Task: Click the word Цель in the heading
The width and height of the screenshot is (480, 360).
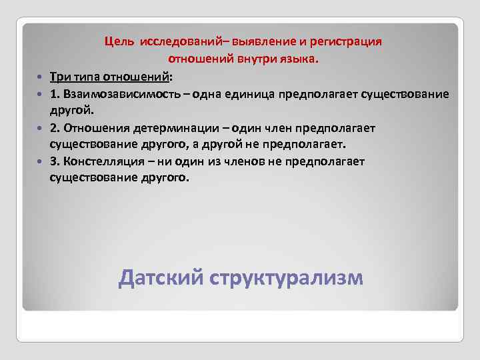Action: pos(119,42)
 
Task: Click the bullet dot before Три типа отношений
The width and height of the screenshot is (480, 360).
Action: pos(41,77)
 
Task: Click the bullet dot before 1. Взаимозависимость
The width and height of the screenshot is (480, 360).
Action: pos(41,93)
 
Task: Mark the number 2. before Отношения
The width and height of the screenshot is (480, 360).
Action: pos(54,127)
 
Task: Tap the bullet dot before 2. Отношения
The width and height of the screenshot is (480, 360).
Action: pos(41,127)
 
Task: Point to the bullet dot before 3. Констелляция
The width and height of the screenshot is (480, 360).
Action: pos(41,161)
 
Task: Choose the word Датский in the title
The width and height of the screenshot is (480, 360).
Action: pos(160,277)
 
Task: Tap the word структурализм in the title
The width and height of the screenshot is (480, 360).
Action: pos(287,277)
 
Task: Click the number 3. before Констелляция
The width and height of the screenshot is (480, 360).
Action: pos(54,161)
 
